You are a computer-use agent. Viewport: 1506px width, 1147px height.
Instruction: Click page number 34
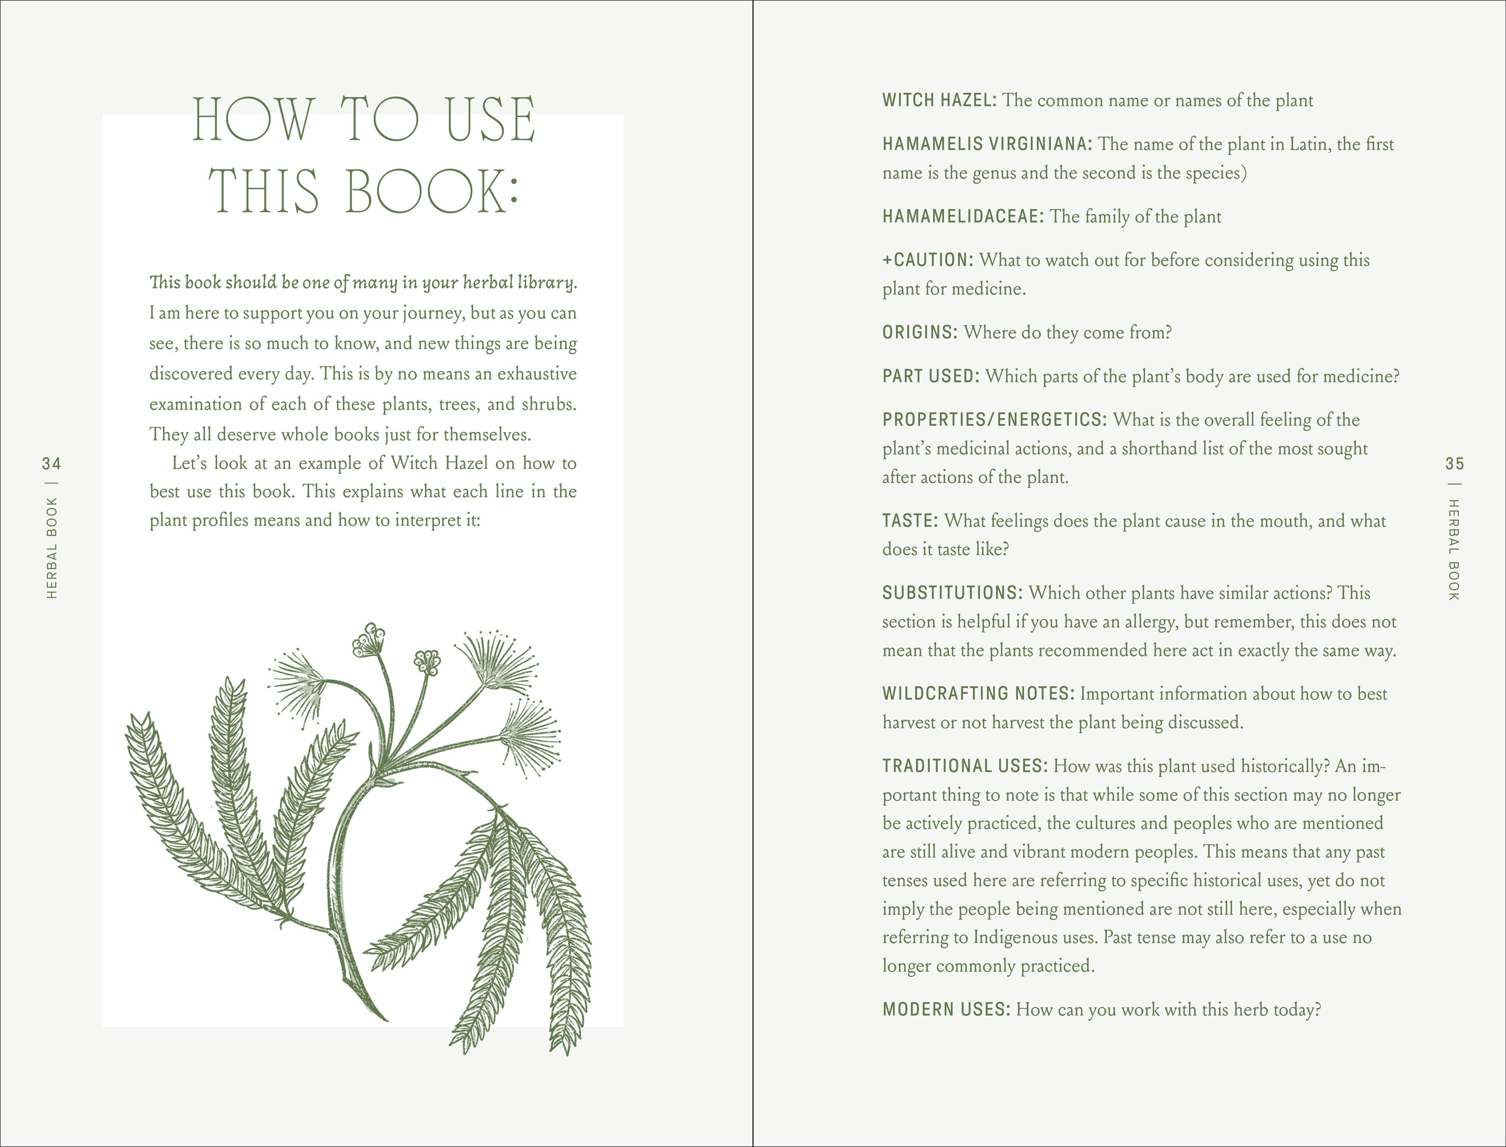click(x=51, y=464)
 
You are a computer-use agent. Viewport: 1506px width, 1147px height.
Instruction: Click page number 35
click(x=1454, y=464)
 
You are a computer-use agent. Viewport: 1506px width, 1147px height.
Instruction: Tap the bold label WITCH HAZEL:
click(x=939, y=100)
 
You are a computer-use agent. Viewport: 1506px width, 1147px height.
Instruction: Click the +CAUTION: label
click(x=928, y=260)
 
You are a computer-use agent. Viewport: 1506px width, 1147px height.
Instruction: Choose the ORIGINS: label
click(x=920, y=332)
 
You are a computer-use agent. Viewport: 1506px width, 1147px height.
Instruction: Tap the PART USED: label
click(x=931, y=376)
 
